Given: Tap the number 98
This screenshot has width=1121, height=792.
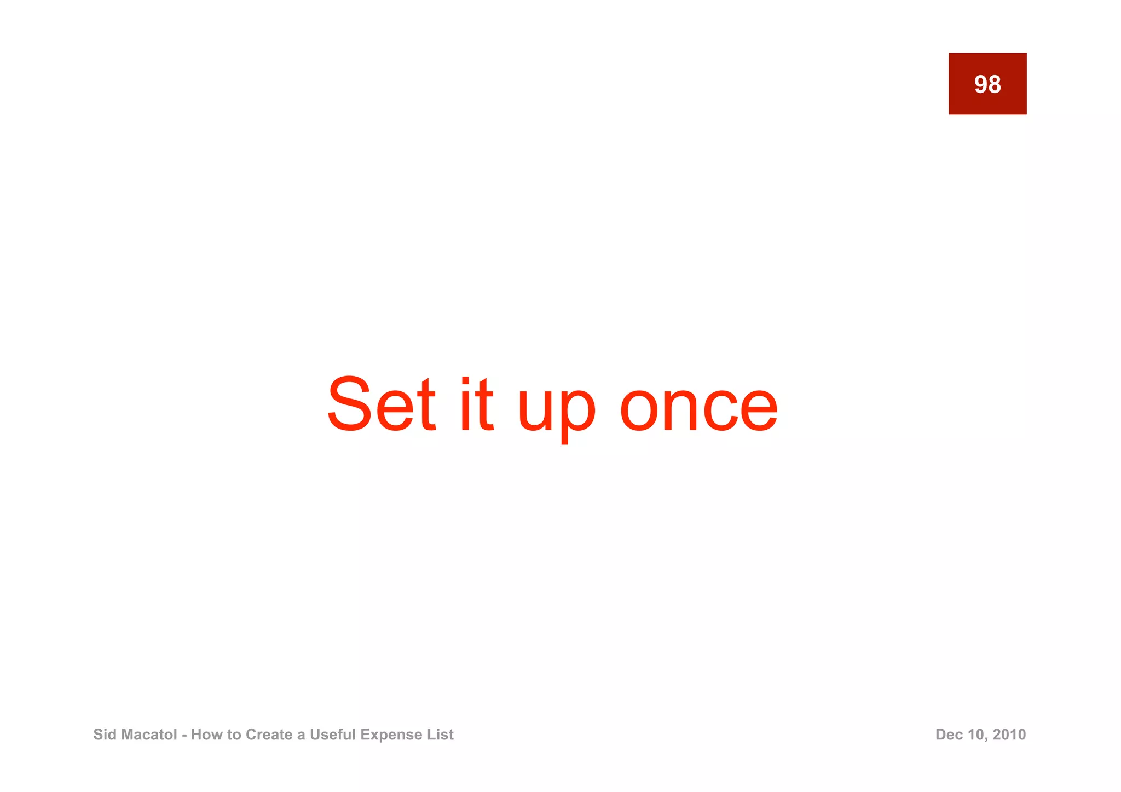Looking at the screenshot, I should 987,84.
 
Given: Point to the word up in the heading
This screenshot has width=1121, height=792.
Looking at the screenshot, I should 556,411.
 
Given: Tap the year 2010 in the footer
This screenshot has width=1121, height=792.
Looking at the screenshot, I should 1009,735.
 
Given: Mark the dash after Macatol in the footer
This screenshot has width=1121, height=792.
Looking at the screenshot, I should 184,735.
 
